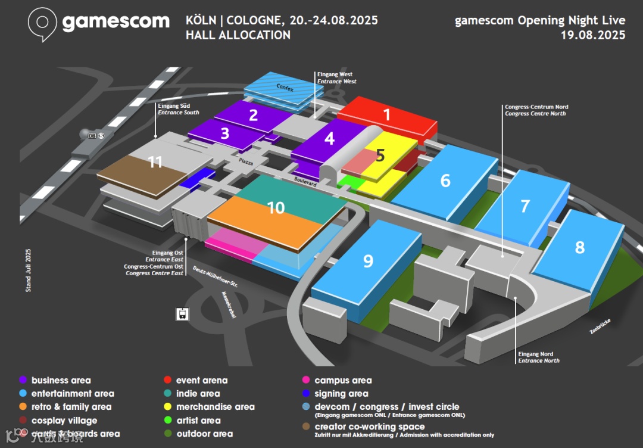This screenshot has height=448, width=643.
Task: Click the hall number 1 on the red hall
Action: point(386,114)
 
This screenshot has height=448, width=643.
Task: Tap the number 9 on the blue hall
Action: point(368,260)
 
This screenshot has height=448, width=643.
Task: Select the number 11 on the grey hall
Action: point(155,161)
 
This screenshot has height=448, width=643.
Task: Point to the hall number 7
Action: point(525,206)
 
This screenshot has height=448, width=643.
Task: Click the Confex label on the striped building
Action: point(285,88)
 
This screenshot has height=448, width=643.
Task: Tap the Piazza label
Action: point(246,161)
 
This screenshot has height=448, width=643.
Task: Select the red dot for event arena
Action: point(168,380)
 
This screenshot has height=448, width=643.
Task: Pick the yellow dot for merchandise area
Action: point(168,407)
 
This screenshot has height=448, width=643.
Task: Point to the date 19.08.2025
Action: point(592,35)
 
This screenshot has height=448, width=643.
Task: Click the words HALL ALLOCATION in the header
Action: point(238,35)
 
